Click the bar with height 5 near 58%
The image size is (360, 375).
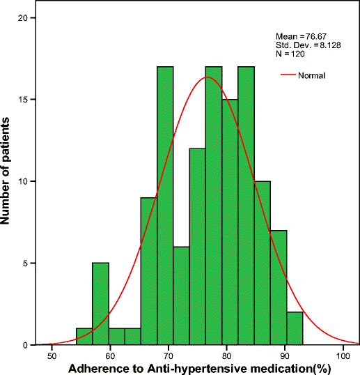(x=100, y=304)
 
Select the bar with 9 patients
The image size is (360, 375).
(x=148, y=271)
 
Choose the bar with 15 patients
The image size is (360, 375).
(x=230, y=222)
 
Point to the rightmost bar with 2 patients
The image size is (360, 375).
(x=295, y=328)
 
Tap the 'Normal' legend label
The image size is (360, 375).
(x=313, y=75)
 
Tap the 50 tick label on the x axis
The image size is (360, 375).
(x=52, y=356)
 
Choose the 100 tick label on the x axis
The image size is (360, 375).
(x=342, y=356)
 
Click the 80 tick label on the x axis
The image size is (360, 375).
(x=226, y=356)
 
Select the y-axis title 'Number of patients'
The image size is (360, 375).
(x=7, y=181)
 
